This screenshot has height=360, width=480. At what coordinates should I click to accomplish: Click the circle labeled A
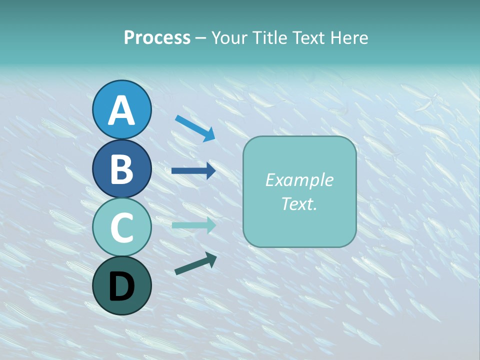[121, 109]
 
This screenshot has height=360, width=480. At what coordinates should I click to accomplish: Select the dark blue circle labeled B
[121, 168]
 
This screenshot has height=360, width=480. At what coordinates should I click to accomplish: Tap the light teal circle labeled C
[121, 227]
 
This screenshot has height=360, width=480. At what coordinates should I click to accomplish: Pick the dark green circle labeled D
[121, 286]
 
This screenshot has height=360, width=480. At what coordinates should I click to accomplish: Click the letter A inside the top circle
[121, 110]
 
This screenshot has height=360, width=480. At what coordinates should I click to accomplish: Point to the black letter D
[121, 287]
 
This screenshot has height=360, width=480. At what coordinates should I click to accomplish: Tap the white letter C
[121, 227]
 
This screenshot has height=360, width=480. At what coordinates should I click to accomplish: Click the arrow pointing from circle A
[195, 128]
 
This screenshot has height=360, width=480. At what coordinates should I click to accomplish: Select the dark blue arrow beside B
[193, 171]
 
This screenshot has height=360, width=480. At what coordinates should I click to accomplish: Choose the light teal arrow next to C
[193, 225]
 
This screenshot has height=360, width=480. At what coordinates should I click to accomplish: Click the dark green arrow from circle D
[195, 263]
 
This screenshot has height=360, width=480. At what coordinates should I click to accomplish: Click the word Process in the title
[157, 37]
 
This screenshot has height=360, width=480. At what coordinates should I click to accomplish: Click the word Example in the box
[299, 180]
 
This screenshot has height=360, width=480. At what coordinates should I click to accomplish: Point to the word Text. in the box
[299, 203]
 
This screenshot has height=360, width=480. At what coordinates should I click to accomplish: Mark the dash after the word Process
[201, 38]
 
